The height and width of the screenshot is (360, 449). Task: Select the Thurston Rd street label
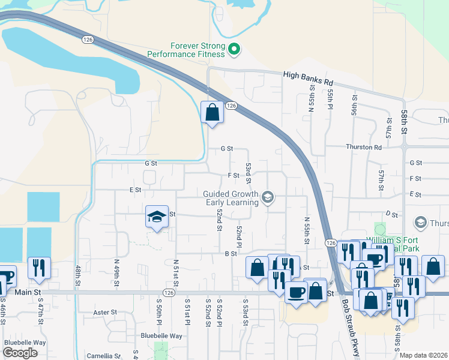coord(364,147)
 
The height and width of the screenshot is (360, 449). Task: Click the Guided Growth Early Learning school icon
coord(268,197)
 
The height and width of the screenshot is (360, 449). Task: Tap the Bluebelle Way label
coord(161,336)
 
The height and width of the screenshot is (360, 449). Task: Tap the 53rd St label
coord(248,173)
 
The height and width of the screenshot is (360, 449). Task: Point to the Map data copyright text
coord(424,355)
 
